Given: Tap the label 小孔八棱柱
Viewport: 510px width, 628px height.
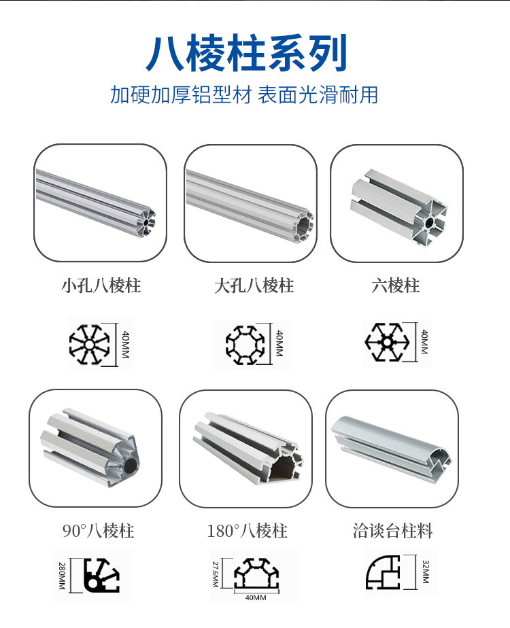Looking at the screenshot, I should [x=101, y=285].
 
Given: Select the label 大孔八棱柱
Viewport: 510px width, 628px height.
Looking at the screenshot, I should [x=254, y=285].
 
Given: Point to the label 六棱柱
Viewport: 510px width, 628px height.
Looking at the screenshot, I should [x=396, y=285].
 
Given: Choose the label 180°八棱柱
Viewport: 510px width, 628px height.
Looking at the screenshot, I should [x=247, y=531].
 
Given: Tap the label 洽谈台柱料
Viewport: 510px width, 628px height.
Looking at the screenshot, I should [x=393, y=531].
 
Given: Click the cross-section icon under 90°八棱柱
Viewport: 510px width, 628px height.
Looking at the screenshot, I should [x=101, y=576].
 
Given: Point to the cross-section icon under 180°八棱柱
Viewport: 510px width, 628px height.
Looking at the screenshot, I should [x=256, y=575].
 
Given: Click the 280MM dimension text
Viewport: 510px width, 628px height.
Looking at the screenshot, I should [x=62, y=575].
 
